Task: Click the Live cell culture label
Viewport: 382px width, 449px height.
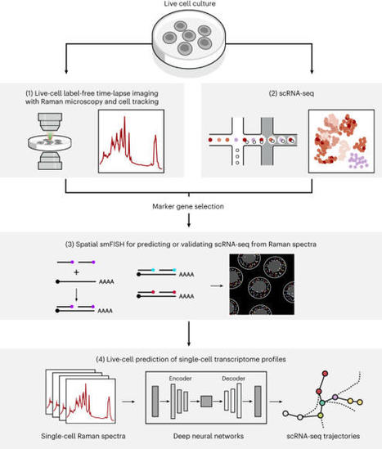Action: coord(191,6)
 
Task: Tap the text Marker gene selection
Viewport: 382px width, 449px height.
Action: coord(191,207)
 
